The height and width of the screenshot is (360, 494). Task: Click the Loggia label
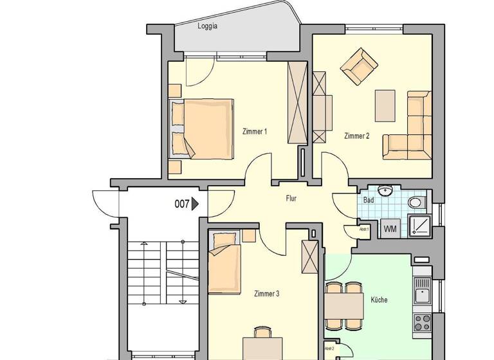(x=206, y=26)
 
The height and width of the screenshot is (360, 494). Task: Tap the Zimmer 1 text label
(x=254, y=132)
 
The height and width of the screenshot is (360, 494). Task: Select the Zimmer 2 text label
(x=356, y=136)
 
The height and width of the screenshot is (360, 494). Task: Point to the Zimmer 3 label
(x=266, y=294)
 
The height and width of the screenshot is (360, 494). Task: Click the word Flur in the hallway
(x=291, y=199)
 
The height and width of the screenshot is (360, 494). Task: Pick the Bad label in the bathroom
(x=369, y=201)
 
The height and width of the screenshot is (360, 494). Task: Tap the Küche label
(x=380, y=300)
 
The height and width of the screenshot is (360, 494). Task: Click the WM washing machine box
(x=390, y=228)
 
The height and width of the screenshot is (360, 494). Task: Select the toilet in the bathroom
(x=416, y=203)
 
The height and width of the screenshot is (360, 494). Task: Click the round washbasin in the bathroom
(x=386, y=192)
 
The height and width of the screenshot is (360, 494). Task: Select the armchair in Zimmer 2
(x=359, y=67)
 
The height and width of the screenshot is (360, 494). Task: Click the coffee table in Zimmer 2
(x=385, y=105)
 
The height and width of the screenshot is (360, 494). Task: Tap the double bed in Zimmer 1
(x=201, y=129)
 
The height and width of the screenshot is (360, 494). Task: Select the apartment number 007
(x=182, y=204)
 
